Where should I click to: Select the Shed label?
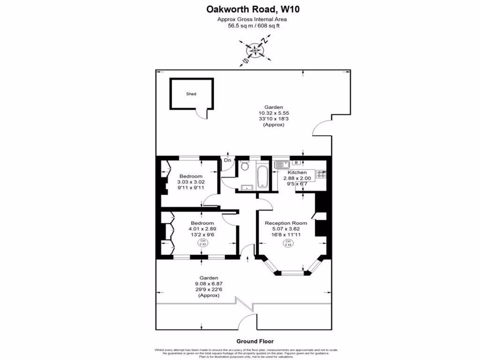[x=191, y=94]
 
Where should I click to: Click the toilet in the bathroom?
[x=244, y=166]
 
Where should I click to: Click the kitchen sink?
[x=282, y=164]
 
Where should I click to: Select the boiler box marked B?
[x=296, y=163]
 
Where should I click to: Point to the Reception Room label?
[x=286, y=223]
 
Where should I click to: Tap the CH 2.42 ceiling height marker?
[x=202, y=242]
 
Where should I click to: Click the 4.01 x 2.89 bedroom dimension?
[x=202, y=229]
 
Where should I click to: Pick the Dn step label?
[x=227, y=161]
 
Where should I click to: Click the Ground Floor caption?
[x=255, y=341]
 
